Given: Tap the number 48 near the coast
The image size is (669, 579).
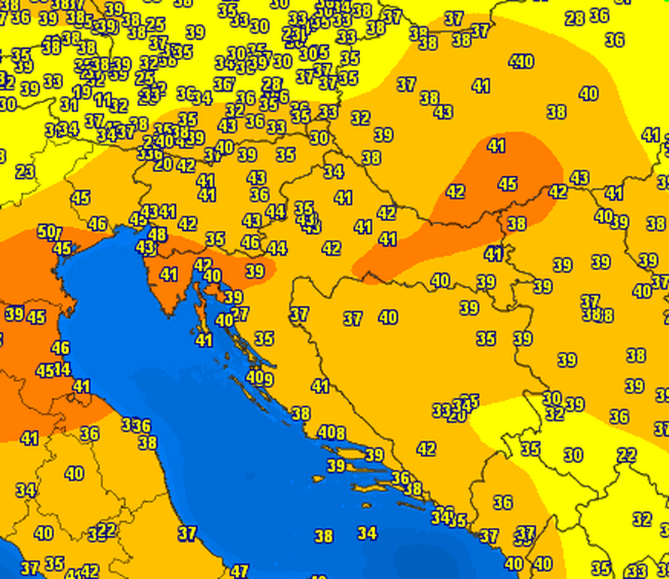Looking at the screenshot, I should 157,234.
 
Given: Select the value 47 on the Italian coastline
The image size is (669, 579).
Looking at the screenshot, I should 240,571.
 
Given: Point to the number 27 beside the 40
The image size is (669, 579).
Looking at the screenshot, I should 240,314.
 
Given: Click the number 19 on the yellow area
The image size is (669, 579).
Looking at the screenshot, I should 82,92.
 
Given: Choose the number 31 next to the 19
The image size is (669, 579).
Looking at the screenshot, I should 69,105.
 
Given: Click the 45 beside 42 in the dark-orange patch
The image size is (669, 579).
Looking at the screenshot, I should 508,183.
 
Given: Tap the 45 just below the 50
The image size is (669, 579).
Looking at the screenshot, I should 62,248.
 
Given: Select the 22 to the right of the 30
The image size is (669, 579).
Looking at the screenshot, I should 626,455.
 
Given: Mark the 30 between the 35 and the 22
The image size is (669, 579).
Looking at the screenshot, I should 574,455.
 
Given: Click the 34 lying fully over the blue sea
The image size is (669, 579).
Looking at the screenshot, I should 367,533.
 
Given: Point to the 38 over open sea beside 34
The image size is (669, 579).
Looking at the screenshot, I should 324,536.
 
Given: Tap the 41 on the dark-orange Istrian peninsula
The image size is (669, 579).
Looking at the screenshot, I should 168,275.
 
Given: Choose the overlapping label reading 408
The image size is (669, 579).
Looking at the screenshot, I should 331,432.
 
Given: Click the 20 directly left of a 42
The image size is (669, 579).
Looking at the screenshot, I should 162,165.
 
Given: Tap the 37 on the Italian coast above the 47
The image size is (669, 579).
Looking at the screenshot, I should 187,533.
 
